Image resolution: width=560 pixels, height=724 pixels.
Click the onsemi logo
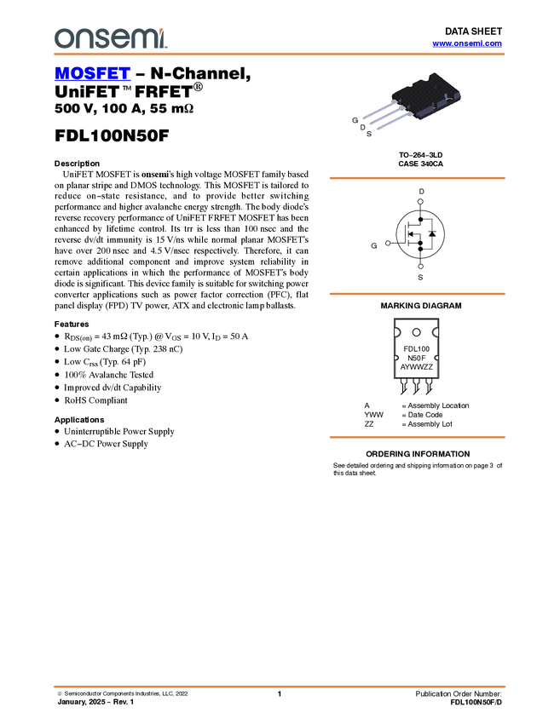pos(110,38)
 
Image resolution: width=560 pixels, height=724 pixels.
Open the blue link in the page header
pos(467,43)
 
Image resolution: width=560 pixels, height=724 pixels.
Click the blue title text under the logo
pos(92,74)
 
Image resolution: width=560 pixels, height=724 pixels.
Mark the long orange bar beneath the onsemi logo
pos(279,55)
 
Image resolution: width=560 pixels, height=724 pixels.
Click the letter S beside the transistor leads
pos(369,135)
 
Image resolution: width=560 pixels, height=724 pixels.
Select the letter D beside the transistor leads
pos(363,127)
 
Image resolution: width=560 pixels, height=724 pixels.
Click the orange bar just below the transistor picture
pos(417,178)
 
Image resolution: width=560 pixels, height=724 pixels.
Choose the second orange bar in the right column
pos(417,294)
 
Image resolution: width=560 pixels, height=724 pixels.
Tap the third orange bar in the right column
pos(417,437)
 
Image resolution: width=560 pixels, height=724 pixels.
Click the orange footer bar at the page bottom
pos(279,687)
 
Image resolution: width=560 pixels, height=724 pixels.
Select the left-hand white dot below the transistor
pos(388,243)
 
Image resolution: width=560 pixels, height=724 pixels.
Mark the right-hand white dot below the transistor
pos(420,267)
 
